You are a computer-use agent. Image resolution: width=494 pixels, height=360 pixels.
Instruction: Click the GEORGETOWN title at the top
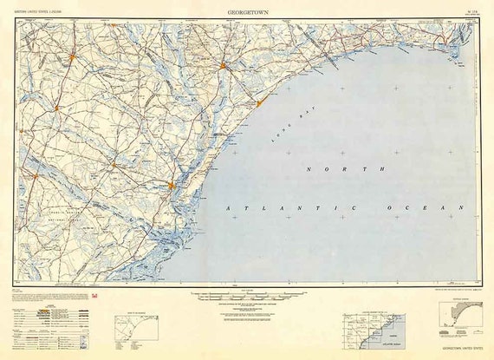[246, 13]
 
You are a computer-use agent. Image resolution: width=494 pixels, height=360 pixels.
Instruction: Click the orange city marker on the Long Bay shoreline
[258, 105]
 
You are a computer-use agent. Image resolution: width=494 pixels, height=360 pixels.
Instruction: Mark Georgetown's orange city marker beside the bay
[172, 184]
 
